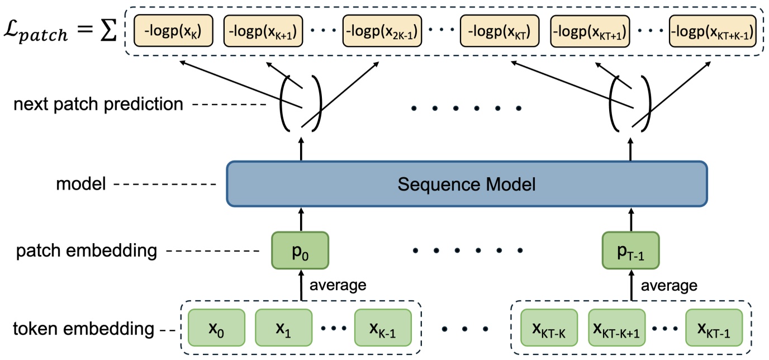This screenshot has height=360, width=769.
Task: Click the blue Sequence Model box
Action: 467,184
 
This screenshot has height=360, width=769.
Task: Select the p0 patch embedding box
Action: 300,249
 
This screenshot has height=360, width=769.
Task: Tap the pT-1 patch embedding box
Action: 631,249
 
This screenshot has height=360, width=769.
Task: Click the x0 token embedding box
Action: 217,328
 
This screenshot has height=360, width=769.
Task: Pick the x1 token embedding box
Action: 283,328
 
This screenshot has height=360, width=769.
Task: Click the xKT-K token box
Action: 549,328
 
